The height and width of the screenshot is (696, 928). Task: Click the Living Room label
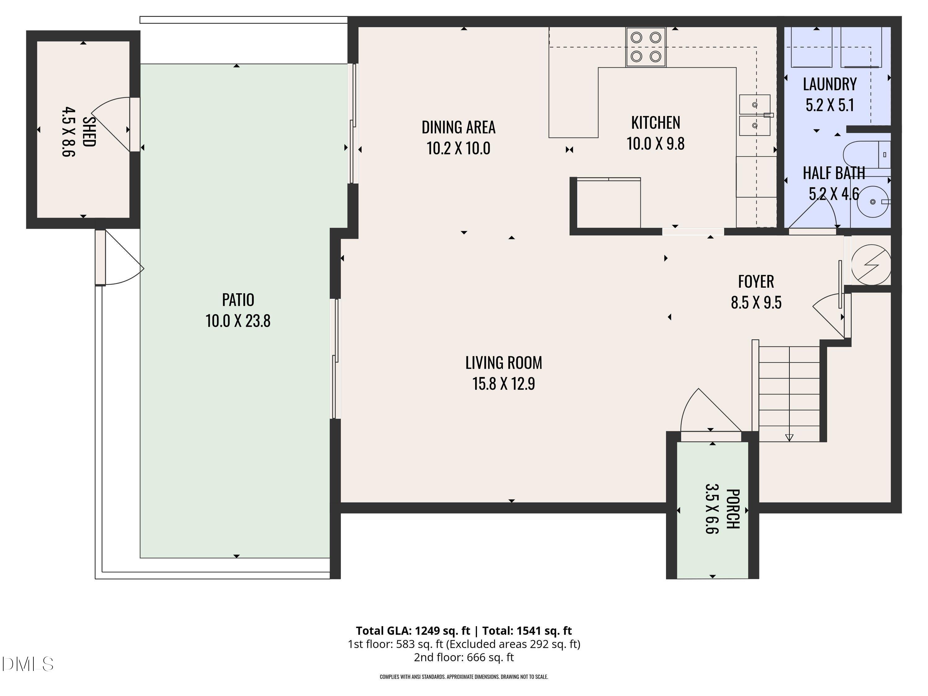tap(503, 363)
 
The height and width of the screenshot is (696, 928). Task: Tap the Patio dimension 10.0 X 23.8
tap(238, 321)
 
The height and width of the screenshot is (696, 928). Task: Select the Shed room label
tap(89, 131)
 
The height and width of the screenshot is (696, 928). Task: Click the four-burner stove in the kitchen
tap(646, 47)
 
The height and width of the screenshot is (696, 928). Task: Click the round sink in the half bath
tap(872, 202)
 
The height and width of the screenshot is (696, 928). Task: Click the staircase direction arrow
tap(789, 437)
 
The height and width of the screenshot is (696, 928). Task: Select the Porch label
tap(733, 509)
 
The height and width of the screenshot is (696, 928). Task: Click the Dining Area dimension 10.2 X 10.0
tap(458, 148)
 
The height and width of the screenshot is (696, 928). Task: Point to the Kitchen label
tap(655, 123)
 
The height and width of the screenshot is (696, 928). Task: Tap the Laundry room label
tap(829, 84)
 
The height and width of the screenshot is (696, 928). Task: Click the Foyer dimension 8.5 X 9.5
tap(756, 303)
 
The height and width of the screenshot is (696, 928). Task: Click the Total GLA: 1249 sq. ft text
tap(413, 630)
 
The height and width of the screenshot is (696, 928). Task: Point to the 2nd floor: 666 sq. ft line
tap(464, 657)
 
